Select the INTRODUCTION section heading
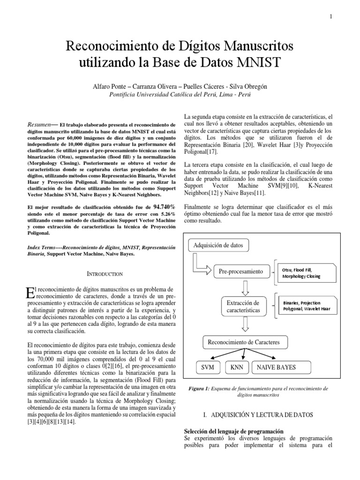tap(99, 273)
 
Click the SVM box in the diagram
tap(204, 367)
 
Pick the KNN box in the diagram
tap(237, 367)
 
